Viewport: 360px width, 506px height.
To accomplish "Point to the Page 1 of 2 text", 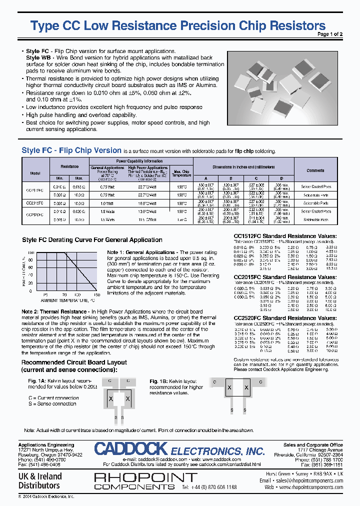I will click(330, 34).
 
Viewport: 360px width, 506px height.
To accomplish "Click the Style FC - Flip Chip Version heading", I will click(71, 150).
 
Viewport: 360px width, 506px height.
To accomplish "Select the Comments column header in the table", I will click(315, 170).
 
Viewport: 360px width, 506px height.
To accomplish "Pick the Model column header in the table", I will click(35, 173).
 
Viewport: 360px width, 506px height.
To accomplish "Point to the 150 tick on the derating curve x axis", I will click(96, 295).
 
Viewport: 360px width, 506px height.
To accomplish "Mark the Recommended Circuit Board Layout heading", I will click(74, 362).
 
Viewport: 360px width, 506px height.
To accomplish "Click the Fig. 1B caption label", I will click(159, 381).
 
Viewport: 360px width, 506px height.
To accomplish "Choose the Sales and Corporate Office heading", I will click(312, 444).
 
